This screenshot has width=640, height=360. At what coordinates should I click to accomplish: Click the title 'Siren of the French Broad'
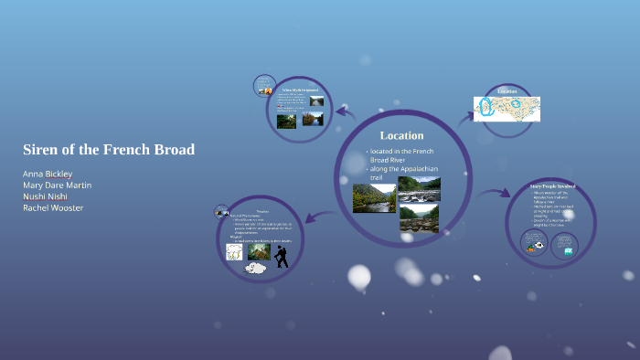109,149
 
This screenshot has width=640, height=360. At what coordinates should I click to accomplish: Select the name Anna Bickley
48,174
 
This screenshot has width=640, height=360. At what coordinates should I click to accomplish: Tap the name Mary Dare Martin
57,185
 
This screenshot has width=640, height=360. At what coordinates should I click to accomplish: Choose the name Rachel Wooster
53,207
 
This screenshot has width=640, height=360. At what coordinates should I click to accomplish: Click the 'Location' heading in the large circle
401,136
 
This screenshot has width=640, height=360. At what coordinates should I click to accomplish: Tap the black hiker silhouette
282,256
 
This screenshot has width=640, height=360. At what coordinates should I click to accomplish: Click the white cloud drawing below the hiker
255,268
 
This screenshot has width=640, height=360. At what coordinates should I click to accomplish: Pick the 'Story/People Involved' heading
552,185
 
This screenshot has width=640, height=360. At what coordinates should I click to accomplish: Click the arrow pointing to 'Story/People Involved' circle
494,194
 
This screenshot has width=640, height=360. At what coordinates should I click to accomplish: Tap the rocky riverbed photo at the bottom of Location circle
418,218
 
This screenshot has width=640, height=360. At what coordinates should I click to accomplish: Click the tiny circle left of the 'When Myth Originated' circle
263,85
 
